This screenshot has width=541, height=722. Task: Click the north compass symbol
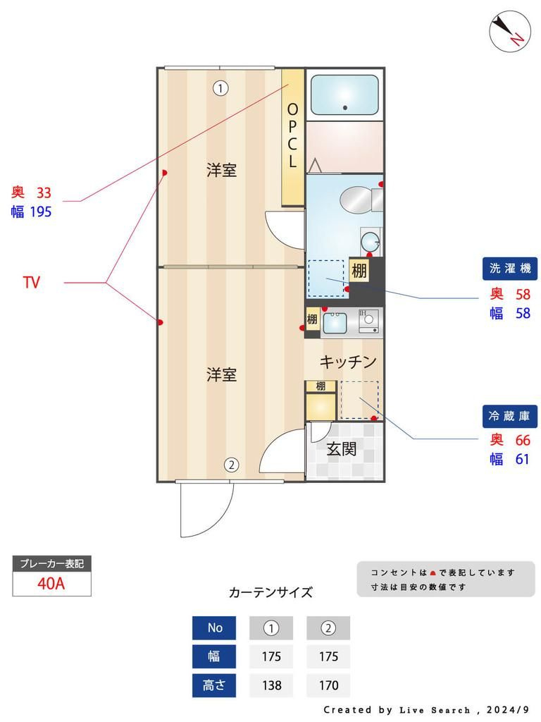point(509,31)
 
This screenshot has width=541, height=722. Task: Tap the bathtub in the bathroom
point(345,94)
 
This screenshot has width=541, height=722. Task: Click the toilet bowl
point(355,200)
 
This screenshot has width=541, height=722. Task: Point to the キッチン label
point(348,362)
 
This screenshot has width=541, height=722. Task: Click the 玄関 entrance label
point(341,448)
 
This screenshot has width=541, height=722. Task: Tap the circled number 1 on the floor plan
point(221,88)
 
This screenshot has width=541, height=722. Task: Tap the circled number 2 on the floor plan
point(231,465)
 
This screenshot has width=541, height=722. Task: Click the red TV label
point(31,283)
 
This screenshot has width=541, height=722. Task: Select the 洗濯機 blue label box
point(509,268)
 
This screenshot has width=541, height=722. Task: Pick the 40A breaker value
point(51,584)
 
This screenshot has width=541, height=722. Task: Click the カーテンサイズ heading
point(270,592)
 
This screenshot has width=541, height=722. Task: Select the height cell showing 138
point(271,685)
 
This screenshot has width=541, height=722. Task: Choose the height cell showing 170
point(328,685)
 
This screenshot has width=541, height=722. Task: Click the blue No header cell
point(215,628)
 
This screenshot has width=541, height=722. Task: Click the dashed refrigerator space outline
point(359,400)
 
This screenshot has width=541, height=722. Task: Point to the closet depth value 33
point(44,192)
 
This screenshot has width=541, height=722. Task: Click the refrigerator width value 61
point(522,460)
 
